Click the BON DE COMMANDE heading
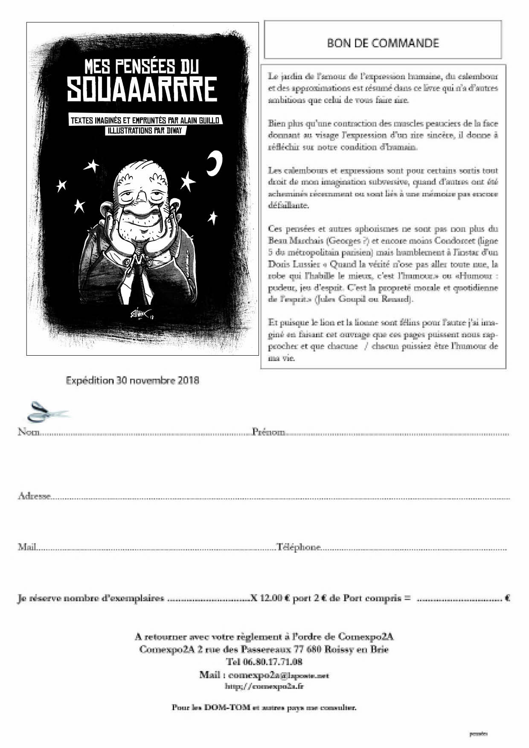[383, 43]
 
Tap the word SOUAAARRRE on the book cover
[142, 90]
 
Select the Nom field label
[29, 432]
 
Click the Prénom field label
[268, 432]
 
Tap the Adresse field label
[34, 496]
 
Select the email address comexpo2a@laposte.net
[279, 676]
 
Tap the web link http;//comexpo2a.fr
[264, 687]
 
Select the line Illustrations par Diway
[145, 130]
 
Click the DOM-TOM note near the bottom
[264, 707]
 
